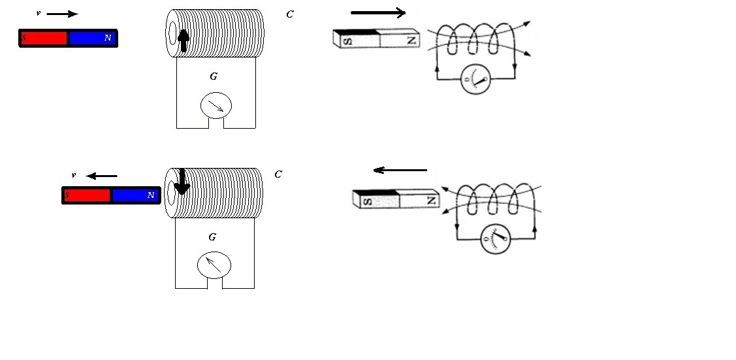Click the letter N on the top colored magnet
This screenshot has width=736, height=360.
[x=108, y=38]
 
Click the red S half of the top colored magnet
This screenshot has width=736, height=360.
[x=44, y=38]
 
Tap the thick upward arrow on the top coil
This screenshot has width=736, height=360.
[x=184, y=41]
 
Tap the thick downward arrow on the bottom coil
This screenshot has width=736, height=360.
[x=182, y=182]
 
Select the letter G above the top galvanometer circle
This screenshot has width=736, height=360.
[x=214, y=76]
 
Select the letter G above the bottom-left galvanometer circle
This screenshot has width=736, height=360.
[x=212, y=237]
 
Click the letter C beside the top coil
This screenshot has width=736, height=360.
[x=289, y=14]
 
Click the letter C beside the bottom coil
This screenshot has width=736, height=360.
[x=278, y=174]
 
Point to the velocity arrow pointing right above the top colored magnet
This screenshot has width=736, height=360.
[x=62, y=14]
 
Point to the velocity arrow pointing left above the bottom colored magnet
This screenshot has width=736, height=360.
[x=102, y=176]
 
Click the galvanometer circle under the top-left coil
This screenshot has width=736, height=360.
[x=216, y=106]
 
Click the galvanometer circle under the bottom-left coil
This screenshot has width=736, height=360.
[x=214, y=265]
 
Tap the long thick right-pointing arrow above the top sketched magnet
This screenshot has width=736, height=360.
[x=378, y=12]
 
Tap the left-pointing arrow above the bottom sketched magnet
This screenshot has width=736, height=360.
[x=400, y=170]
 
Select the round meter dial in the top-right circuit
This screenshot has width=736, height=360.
[x=475, y=79]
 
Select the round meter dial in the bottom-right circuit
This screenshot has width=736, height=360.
[x=495, y=238]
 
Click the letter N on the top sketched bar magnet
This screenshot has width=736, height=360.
[x=411, y=41]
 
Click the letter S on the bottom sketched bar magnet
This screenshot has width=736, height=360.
[x=368, y=202]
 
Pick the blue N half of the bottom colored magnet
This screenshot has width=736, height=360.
[x=135, y=195]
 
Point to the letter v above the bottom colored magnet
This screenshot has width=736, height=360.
[x=74, y=176]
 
